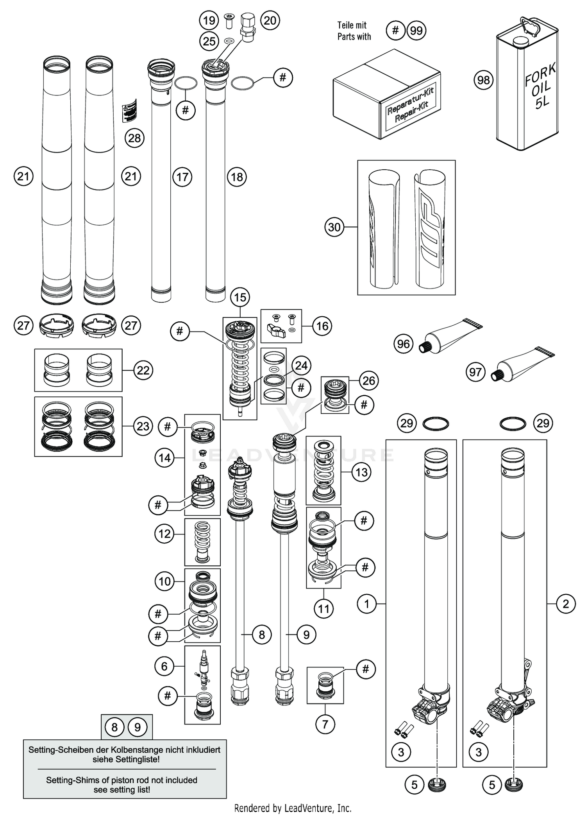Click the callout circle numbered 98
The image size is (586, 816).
[483, 80]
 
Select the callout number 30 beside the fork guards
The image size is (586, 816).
[334, 227]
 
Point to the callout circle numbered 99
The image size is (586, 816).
[416, 30]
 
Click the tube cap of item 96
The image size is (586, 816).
[424, 346]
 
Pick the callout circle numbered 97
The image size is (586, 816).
[475, 372]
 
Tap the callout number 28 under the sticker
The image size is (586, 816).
[134, 138]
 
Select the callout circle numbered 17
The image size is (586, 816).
[182, 177]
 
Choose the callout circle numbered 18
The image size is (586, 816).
[237, 177]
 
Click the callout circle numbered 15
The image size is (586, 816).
[240, 297]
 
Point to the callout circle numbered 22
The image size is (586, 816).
[143, 370]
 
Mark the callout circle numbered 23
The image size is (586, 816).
[143, 426]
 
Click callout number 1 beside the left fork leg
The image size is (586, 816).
[366, 604]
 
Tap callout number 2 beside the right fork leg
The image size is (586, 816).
[566, 604]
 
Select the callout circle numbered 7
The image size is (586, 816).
[325, 724]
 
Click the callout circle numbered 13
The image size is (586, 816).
[361, 472]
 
